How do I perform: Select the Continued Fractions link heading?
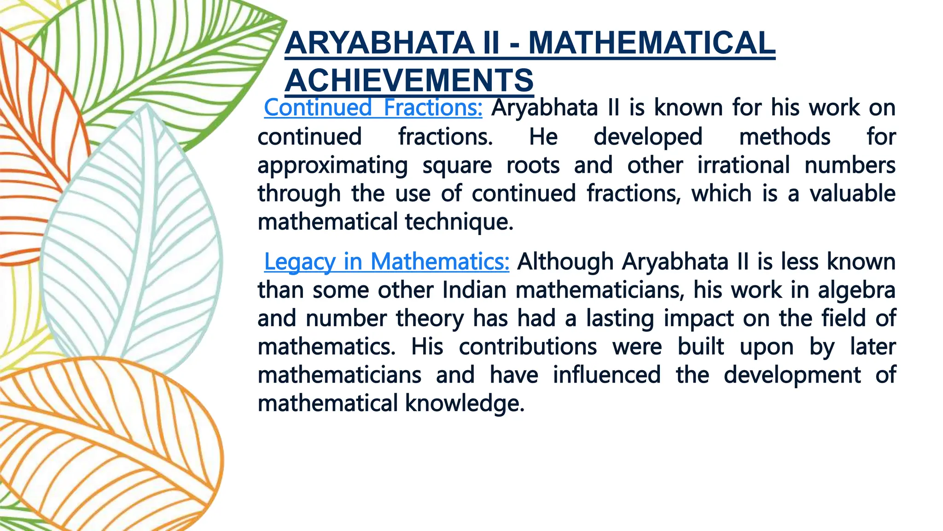click(373, 108)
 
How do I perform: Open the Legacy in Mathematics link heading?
click(386, 262)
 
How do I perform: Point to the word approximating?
click(332, 165)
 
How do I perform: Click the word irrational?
click(743, 165)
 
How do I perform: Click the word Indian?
click(474, 290)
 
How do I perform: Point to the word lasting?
click(619, 319)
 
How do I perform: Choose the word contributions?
click(528, 347)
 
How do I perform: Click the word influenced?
click(606, 375)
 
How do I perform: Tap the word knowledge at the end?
click(465, 403)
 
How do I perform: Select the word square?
click(457, 165)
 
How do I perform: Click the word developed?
click(648, 137)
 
